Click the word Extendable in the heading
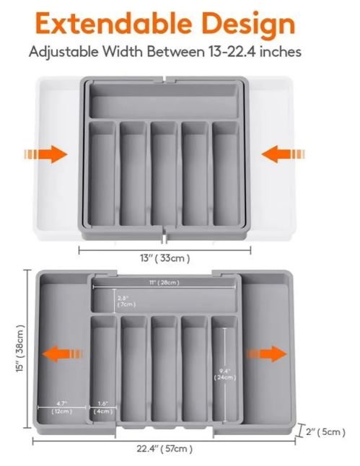(113, 24)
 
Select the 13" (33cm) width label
(164, 258)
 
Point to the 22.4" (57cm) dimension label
(164, 449)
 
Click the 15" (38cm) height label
(20, 348)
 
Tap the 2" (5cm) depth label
(326, 431)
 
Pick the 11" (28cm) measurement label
(164, 282)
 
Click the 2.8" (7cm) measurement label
(126, 302)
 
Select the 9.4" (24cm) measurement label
(225, 374)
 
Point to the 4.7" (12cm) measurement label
(61, 408)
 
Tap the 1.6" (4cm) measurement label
(103, 408)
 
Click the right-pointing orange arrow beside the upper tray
(45, 154)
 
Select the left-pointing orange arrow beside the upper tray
(284, 154)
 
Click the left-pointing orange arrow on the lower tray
(62, 354)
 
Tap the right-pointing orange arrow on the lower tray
(267, 354)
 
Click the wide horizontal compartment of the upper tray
(164, 101)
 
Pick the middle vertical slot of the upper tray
(164, 174)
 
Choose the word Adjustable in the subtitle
(63, 53)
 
